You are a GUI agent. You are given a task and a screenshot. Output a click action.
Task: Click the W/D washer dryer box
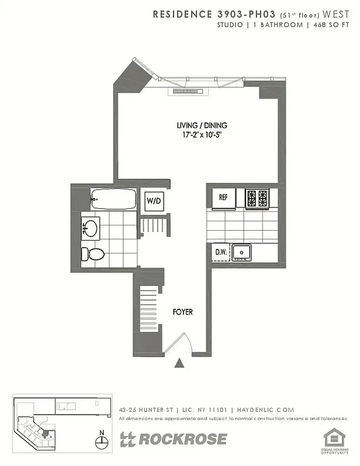pyautogui.click(x=154, y=200)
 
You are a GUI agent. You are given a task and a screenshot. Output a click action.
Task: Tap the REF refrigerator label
pyautogui.click(x=223, y=197)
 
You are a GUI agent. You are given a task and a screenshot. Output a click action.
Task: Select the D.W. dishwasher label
pyautogui.click(x=220, y=252)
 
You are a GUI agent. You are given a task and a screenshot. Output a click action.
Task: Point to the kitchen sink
pyautogui.click(x=241, y=252)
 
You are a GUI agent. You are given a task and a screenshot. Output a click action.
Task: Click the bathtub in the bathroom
pyautogui.click(x=113, y=200)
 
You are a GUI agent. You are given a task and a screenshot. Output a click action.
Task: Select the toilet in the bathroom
pyautogui.click(x=93, y=253)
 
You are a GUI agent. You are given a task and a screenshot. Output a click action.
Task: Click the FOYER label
pyautogui.click(x=182, y=312)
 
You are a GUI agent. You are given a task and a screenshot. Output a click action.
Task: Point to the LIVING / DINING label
pyautogui.click(x=202, y=125)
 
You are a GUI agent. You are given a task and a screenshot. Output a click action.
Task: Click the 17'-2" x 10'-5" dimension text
pyautogui.click(x=202, y=135)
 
